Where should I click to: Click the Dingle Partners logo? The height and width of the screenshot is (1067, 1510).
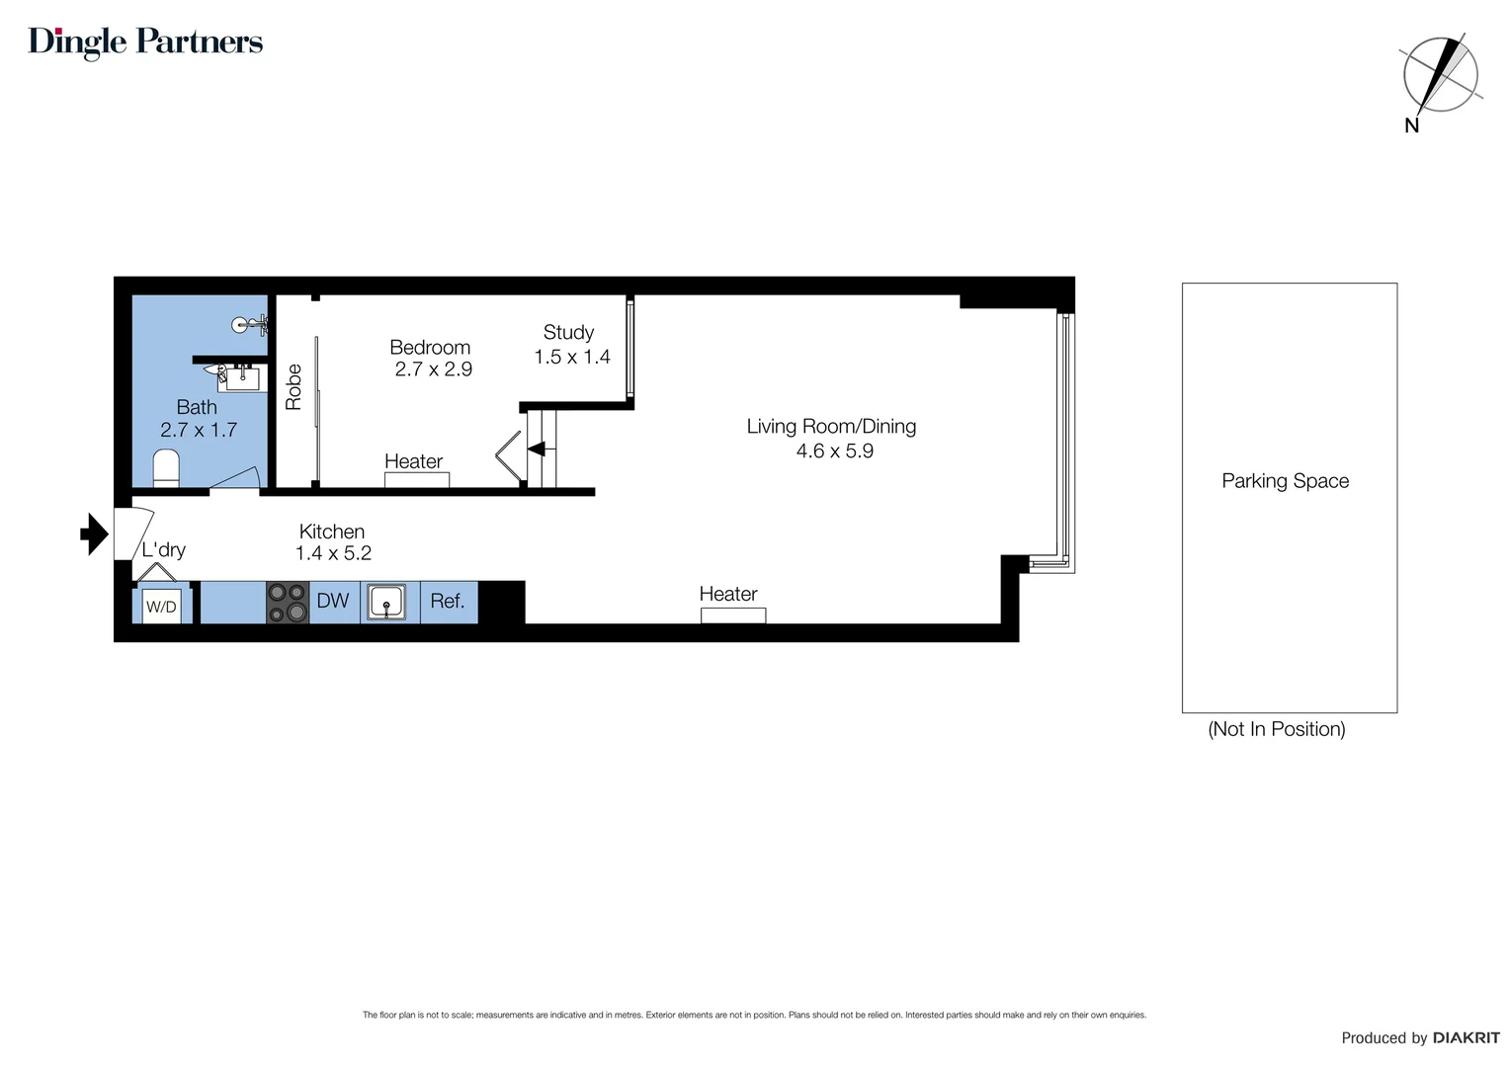click(x=145, y=41)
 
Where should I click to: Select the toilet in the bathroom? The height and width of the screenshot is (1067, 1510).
click(x=166, y=467)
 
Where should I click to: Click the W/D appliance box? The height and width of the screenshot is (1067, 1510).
click(x=161, y=606)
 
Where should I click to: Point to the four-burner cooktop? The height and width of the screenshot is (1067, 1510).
click(x=288, y=603)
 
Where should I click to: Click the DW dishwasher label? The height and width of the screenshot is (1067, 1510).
click(x=333, y=601)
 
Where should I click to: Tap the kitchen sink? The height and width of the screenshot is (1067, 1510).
click(x=387, y=602)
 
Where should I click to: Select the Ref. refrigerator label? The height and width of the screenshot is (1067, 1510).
click(x=448, y=601)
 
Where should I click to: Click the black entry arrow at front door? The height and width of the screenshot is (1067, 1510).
click(x=94, y=534)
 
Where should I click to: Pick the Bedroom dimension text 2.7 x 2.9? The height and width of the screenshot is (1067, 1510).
click(x=433, y=369)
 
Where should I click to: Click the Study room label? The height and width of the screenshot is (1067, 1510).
click(x=568, y=333)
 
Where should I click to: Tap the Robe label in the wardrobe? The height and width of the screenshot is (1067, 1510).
click(x=294, y=386)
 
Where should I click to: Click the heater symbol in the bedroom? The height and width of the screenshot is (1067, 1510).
click(x=416, y=480)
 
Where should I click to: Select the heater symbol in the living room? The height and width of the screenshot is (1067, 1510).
click(x=732, y=616)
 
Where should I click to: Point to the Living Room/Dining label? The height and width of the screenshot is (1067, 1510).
click(x=831, y=427)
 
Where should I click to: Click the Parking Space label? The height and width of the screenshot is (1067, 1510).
click(x=1285, y=481)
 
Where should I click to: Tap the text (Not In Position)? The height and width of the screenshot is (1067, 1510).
click(x=1276, y=729)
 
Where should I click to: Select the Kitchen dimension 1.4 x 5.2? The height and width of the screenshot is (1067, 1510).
click(x=333, y=554)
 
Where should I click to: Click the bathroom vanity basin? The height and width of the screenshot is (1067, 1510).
click(x=240, y=377)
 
